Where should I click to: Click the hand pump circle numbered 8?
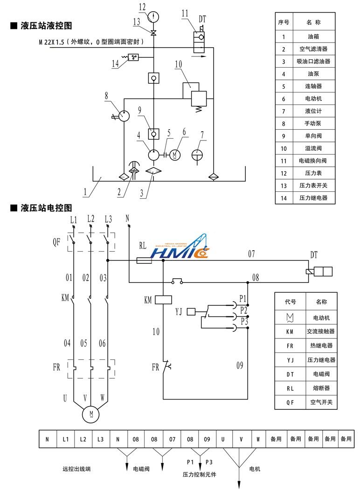124,116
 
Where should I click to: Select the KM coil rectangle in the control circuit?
163,300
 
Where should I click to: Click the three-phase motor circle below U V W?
91,414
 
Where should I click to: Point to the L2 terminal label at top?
90,219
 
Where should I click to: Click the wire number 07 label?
251,254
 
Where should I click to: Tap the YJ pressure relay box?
191,312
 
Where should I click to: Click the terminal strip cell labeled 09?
207,439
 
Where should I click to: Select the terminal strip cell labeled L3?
100,439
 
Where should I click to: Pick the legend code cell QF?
290,402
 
